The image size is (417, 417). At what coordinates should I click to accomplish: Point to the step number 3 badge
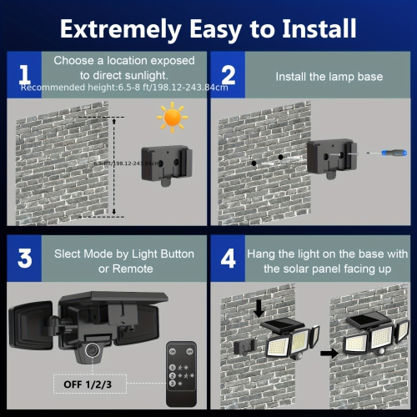pyautogui.click(x=25, y=258)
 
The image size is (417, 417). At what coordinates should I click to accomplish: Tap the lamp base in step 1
pyautogui.click(x=163, y=163)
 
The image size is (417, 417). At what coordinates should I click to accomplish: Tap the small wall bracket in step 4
pyautogui.click(x=245, y=344)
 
